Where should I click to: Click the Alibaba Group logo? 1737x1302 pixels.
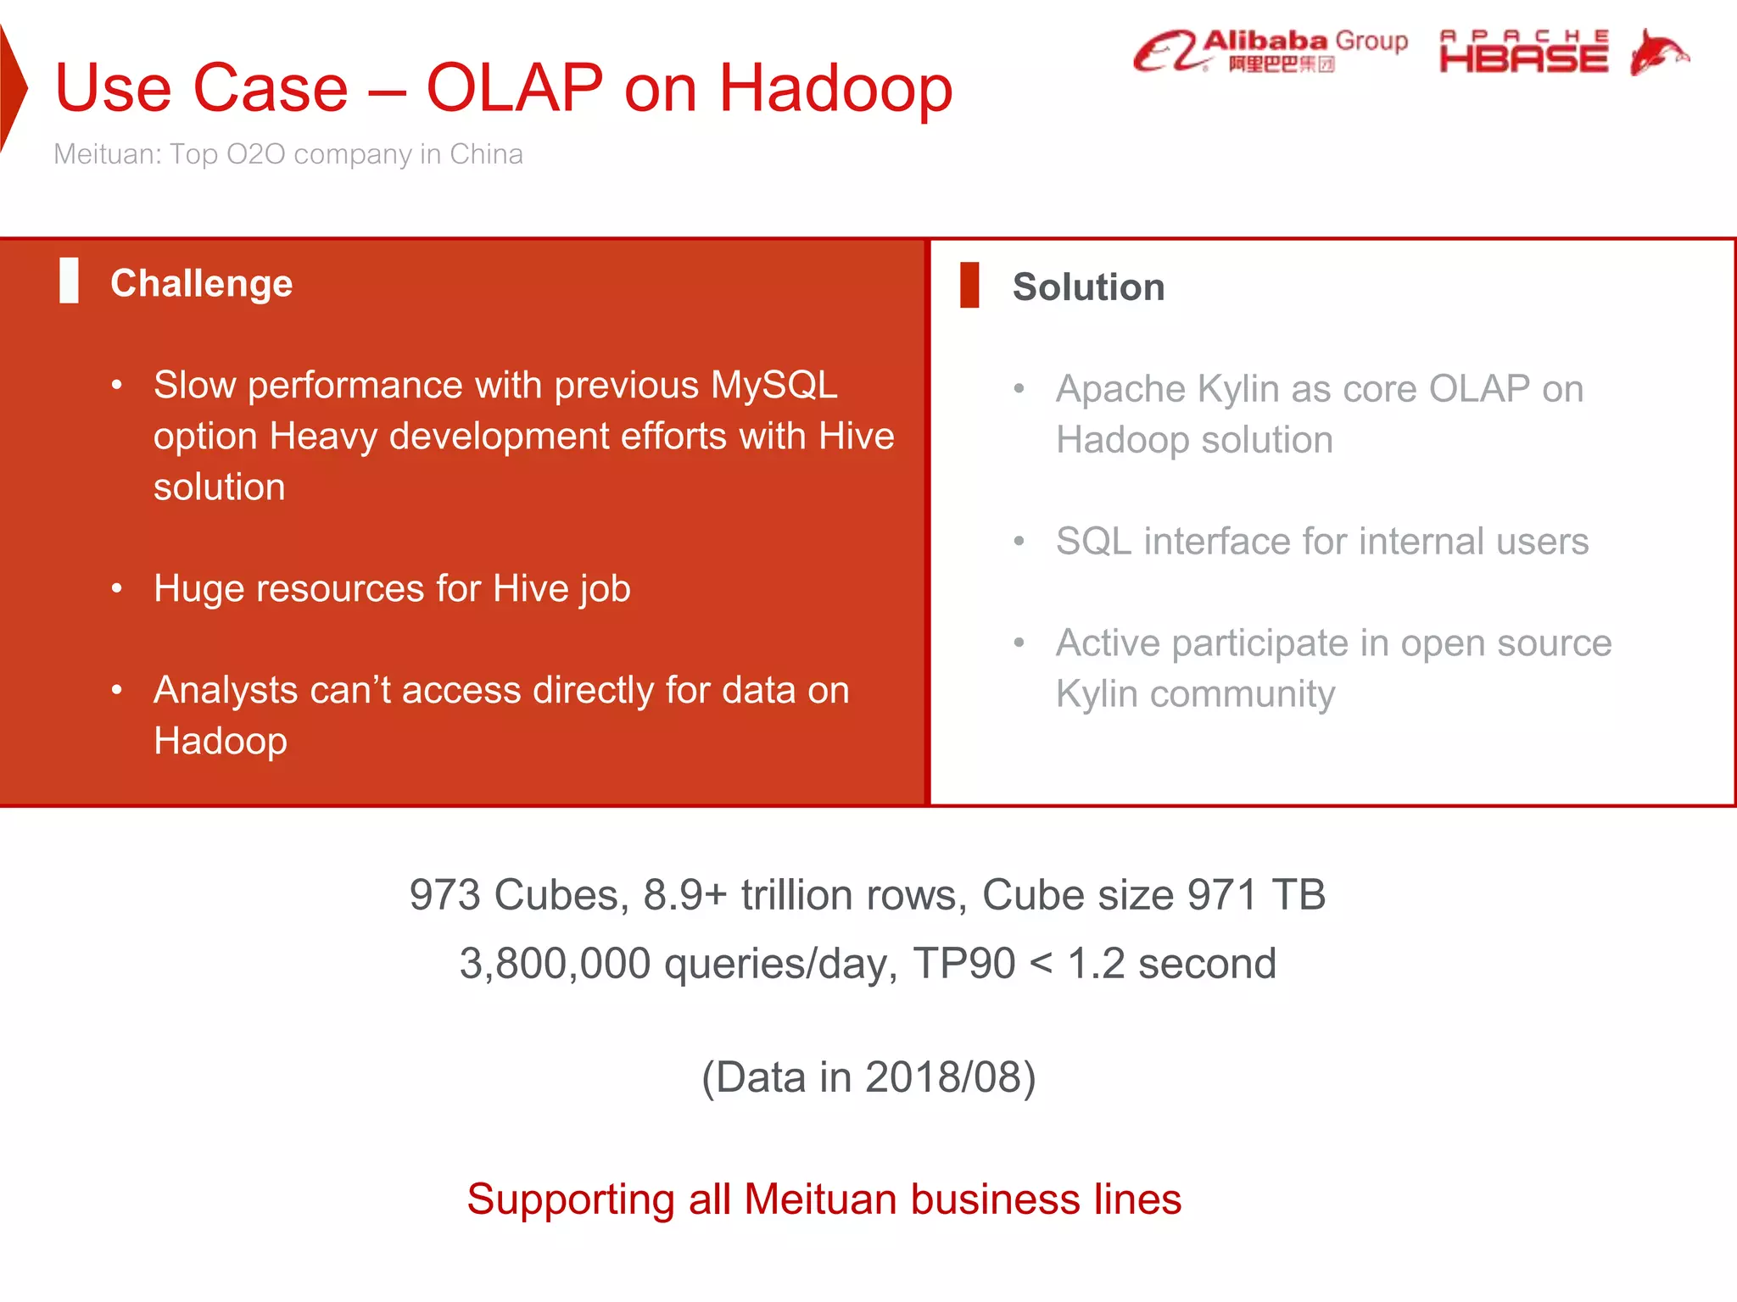pos(1270,51)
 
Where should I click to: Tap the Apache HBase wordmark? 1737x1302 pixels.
pos(1523,53)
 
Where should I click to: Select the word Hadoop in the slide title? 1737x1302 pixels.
pos(835,88)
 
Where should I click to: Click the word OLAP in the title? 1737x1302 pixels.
pos(514,88)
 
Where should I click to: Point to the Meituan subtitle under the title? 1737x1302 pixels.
pos(288,154)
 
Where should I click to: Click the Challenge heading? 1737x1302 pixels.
pos(202,283)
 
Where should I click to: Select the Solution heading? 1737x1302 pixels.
pos(1088,287)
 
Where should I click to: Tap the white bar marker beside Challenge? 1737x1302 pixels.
pos(70,281)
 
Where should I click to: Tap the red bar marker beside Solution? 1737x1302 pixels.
pos(969,285)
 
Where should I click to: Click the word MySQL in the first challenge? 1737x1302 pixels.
pos(774,386)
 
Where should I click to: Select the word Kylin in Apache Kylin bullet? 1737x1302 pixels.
pos(1237,390)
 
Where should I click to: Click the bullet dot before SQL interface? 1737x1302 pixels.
pos(1019,542)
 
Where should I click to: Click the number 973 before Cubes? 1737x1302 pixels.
pos(445,895)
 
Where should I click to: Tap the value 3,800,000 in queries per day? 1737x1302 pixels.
pos(555,964)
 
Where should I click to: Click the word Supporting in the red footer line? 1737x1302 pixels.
pos(571,1199)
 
